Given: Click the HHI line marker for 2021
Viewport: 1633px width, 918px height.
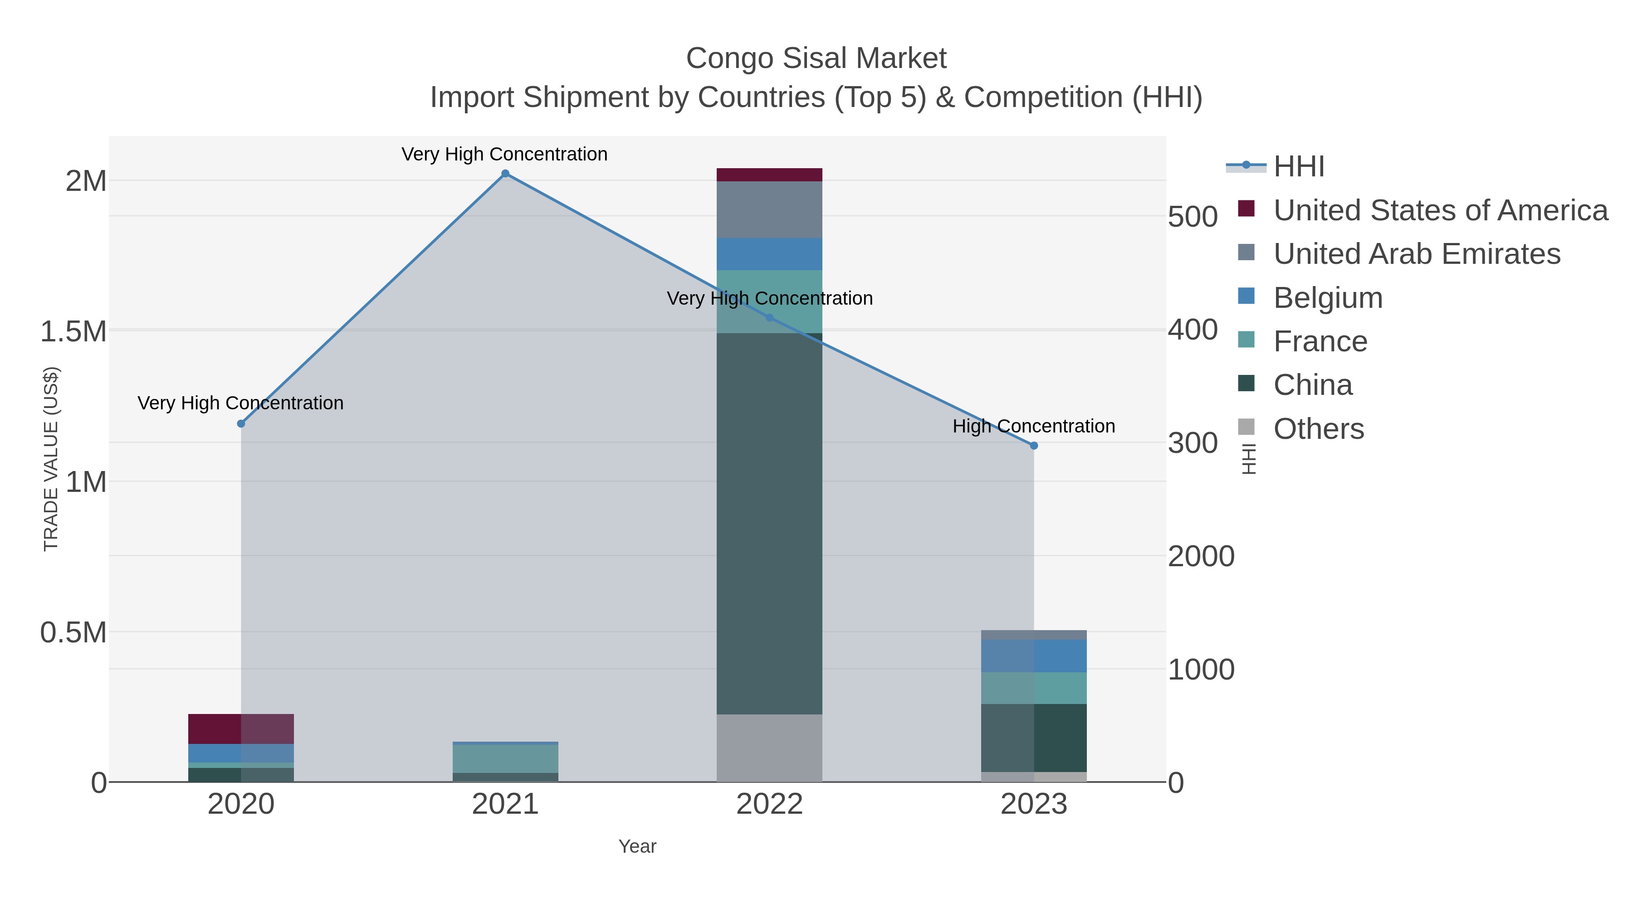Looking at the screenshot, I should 505,174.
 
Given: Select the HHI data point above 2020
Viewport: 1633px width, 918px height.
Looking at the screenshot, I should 241,424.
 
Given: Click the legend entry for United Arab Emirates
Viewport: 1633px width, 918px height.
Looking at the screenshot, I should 1417,254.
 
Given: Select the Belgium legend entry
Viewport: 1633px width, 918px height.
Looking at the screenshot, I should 1328,298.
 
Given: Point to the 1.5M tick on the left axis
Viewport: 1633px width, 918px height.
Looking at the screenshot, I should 73,331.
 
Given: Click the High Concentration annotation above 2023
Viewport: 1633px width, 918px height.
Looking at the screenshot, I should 1034,427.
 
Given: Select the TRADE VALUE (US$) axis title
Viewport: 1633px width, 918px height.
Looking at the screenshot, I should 51,459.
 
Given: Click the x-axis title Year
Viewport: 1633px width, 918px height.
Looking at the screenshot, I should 637,846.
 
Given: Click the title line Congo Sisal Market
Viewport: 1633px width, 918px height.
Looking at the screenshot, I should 816,58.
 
